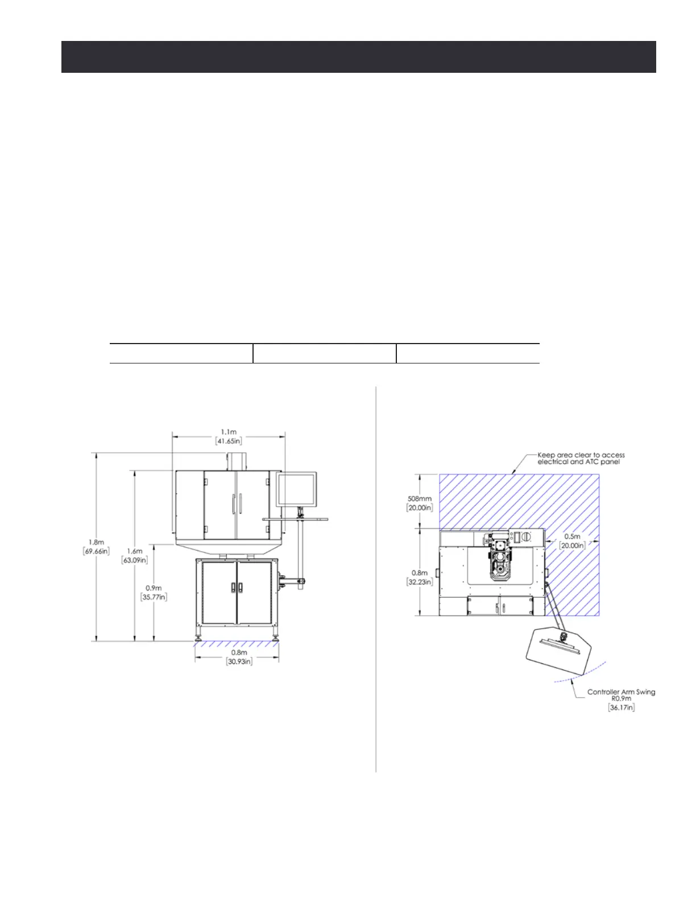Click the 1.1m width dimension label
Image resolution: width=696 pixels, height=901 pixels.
[x=229, y=436]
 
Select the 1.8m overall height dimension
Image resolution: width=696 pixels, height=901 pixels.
[x=96, y=546]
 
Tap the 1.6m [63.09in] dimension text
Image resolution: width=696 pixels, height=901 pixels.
[x=134, y=555]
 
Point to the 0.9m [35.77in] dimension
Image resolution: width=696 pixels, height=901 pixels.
[x=154, y=593]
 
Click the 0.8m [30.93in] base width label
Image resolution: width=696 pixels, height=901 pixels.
[x=239, y=657]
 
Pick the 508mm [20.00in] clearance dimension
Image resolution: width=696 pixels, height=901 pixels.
[x=420, y=503]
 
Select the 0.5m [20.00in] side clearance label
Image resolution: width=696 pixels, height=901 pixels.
[x=572, y=541]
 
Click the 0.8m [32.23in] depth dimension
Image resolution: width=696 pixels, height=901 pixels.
[x=420, y=577]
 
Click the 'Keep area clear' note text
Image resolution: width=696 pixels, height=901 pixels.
[x=581, y=458]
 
